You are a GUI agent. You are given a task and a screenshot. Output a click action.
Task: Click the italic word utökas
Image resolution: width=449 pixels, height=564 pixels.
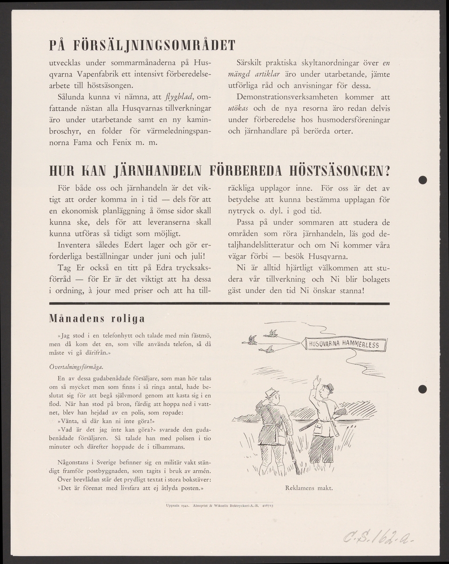[244, 108]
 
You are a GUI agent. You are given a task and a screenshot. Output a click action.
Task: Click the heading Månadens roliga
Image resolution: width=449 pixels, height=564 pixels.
[97, 319]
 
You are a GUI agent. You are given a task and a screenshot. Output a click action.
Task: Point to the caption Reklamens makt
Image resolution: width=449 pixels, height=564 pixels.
[309, 487]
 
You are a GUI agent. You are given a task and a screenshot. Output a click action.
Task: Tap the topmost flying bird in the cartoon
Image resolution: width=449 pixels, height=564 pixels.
[272, 333]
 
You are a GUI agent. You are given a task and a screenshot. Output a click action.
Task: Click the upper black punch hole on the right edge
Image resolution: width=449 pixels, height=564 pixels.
[423, 180]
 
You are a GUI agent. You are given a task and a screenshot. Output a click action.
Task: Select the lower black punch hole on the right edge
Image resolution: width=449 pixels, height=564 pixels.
[423, 388]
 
